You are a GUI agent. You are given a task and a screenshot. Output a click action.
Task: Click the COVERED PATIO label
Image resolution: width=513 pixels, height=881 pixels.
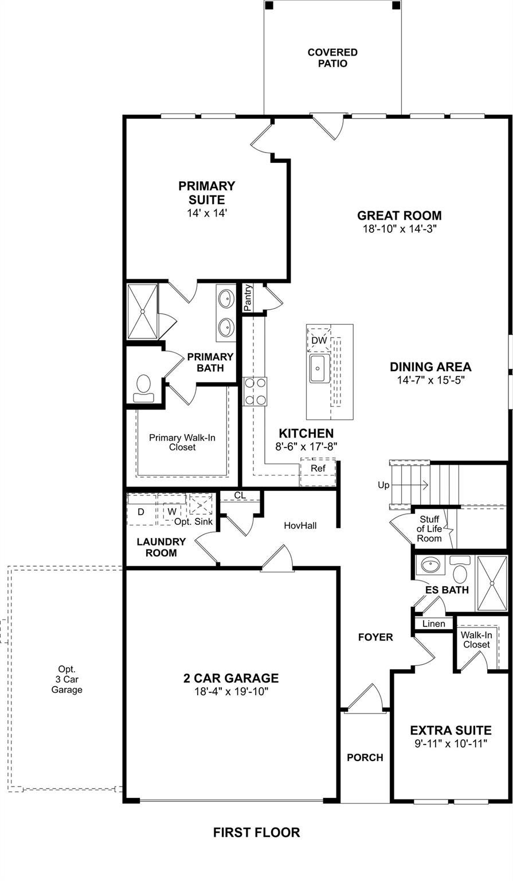point(332,58)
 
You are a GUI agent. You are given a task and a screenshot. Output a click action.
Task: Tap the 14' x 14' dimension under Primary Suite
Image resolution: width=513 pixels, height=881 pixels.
point(207,213)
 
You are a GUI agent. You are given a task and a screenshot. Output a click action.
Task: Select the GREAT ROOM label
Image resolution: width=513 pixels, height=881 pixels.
point(400,216)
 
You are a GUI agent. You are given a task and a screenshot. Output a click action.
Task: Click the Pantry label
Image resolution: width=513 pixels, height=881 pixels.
point(248,298)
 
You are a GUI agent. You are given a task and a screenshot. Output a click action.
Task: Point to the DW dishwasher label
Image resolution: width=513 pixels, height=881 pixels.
point(319,340)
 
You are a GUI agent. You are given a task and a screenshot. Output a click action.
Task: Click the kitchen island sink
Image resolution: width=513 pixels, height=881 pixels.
point(319,368)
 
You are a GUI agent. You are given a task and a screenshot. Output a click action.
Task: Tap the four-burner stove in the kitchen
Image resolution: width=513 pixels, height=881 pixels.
point(254,391)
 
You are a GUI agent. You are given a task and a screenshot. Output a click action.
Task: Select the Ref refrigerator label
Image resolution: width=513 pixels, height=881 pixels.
point(318,469)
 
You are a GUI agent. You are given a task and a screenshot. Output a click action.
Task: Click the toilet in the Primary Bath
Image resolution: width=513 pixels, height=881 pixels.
point(143,388)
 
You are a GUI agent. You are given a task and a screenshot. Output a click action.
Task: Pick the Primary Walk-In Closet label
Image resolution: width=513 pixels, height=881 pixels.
point(182,442)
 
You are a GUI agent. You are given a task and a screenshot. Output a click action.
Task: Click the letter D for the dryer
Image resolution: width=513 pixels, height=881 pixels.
point(141,512)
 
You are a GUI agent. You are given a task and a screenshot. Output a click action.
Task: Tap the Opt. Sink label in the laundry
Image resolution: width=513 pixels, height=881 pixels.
point(193,521)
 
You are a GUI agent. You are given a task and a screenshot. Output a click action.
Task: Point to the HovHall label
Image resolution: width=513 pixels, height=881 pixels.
point(300,525)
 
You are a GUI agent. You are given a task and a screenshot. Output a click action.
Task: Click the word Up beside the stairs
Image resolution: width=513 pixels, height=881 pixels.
point(383,485)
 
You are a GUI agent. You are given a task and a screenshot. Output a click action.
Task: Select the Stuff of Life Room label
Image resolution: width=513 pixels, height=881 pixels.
point(429,529)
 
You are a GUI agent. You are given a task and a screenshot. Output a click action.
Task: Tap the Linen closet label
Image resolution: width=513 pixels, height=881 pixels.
point(433,623)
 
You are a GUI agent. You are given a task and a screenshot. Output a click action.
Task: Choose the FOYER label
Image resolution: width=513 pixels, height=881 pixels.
point(375,637)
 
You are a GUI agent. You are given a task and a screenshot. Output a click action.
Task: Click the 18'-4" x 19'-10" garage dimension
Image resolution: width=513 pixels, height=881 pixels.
point(231,691)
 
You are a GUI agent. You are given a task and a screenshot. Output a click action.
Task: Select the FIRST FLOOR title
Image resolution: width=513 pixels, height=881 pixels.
point(256,832)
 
